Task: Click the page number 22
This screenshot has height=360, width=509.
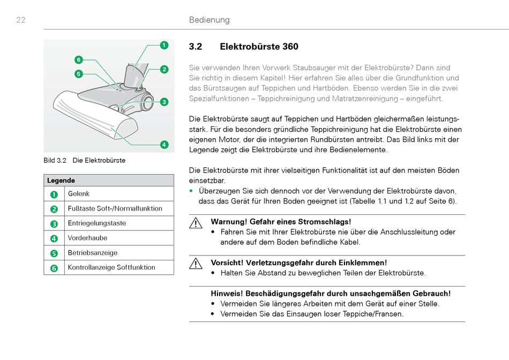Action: click(21, 20)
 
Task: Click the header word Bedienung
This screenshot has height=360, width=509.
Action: click(209, 20)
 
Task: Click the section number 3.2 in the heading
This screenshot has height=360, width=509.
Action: click(196, 47)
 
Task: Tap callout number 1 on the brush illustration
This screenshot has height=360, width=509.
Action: click(164, 45)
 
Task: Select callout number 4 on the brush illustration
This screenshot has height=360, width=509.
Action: click(164, 144)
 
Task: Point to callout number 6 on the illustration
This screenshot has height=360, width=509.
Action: click(79, 59)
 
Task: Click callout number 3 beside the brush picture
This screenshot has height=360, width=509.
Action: click(164, 101)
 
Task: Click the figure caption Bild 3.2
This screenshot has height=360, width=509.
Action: click(55, 160)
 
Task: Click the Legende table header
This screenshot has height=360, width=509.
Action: click(61, 181)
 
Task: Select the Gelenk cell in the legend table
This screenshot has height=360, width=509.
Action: click(79, 194)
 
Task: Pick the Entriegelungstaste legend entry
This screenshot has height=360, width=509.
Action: click(97, 223)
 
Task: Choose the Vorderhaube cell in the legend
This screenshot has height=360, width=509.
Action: click(87, 238)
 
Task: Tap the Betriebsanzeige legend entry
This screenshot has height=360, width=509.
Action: click(93, 253)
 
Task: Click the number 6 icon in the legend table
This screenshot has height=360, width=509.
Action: click(54, 268)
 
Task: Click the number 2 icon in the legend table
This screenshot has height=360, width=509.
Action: click(54, 209)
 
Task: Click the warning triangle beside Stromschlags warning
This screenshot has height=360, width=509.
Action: click(196, 222)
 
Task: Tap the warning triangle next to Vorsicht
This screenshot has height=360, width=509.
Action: click(196, 264)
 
